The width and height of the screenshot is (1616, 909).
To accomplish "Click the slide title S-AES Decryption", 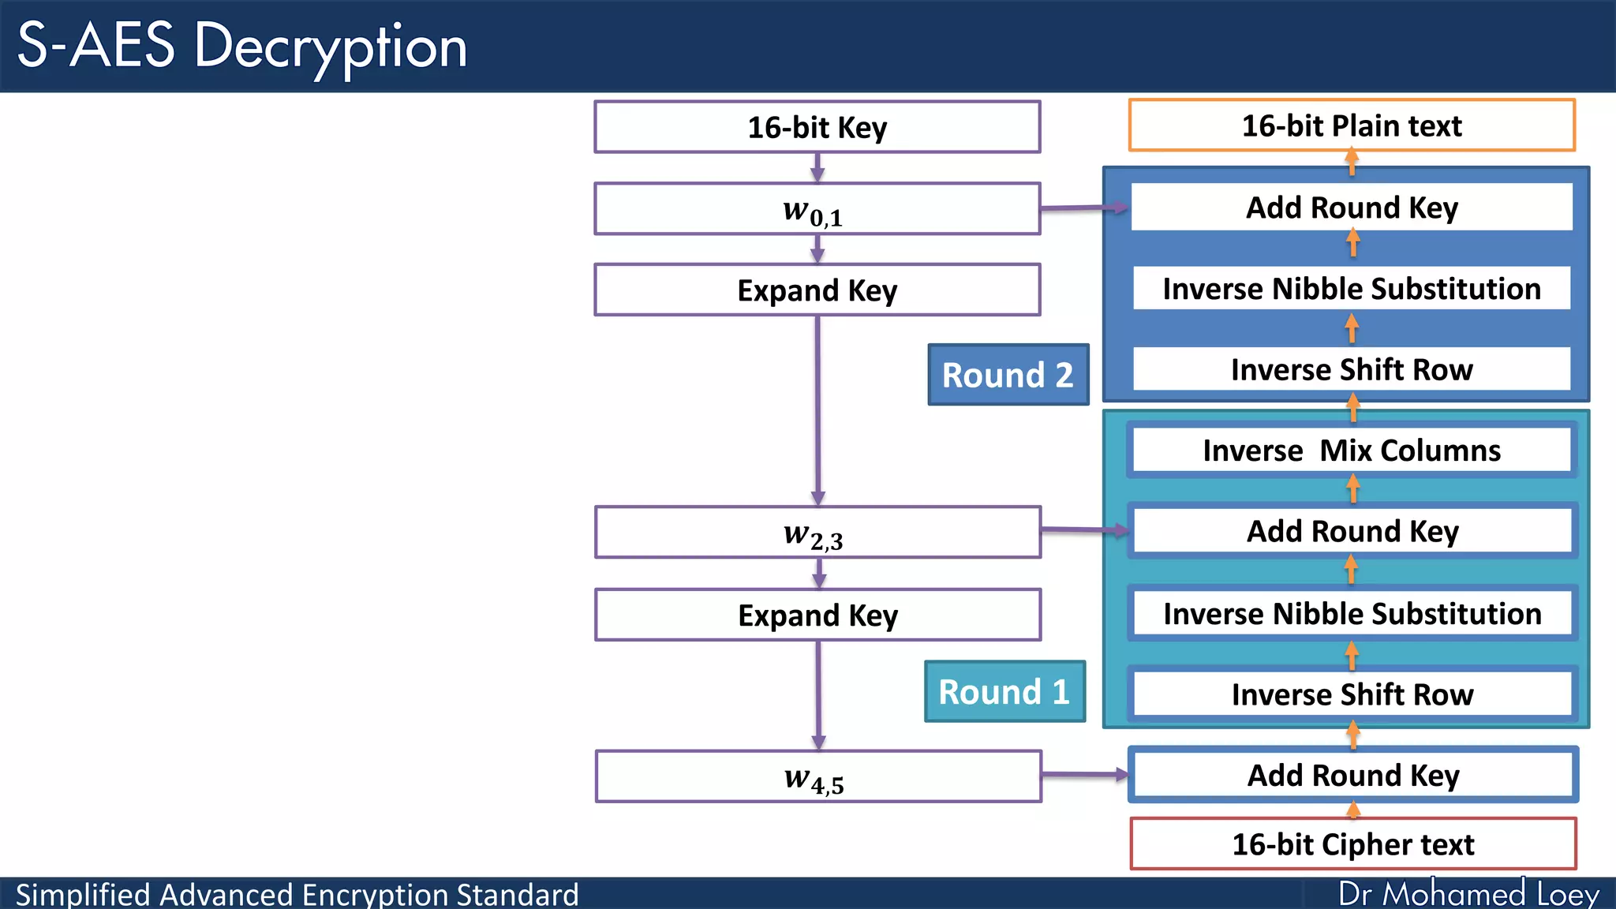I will pos(242,46).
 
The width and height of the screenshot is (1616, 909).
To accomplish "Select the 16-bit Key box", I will pos(817,127).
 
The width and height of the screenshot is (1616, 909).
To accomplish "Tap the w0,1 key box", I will pos(817,210).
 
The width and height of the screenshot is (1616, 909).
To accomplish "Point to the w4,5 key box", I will pos(817,777).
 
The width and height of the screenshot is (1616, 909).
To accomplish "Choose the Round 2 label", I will pos(1008,375).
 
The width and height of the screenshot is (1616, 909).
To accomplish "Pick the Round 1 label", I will pos(1004,692).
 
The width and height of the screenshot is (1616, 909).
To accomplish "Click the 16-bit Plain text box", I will pos(1351,125).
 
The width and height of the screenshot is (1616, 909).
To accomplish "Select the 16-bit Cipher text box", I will pos(1352,844).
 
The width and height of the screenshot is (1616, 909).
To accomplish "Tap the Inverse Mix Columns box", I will pos(1351,451).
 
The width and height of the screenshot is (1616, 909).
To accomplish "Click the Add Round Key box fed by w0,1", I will pos(1351,208).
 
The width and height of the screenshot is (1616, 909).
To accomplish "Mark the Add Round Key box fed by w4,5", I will pos(1352,776).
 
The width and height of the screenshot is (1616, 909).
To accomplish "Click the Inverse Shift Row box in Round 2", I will pos(1351,369).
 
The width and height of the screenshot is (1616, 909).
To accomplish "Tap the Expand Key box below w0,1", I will pos(817,290).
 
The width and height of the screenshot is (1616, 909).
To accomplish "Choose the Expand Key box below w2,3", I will pos(817,615).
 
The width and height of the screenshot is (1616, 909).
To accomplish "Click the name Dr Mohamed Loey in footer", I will pos(1468,894).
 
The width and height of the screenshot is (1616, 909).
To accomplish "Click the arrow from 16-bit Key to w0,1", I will pos(817,168).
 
